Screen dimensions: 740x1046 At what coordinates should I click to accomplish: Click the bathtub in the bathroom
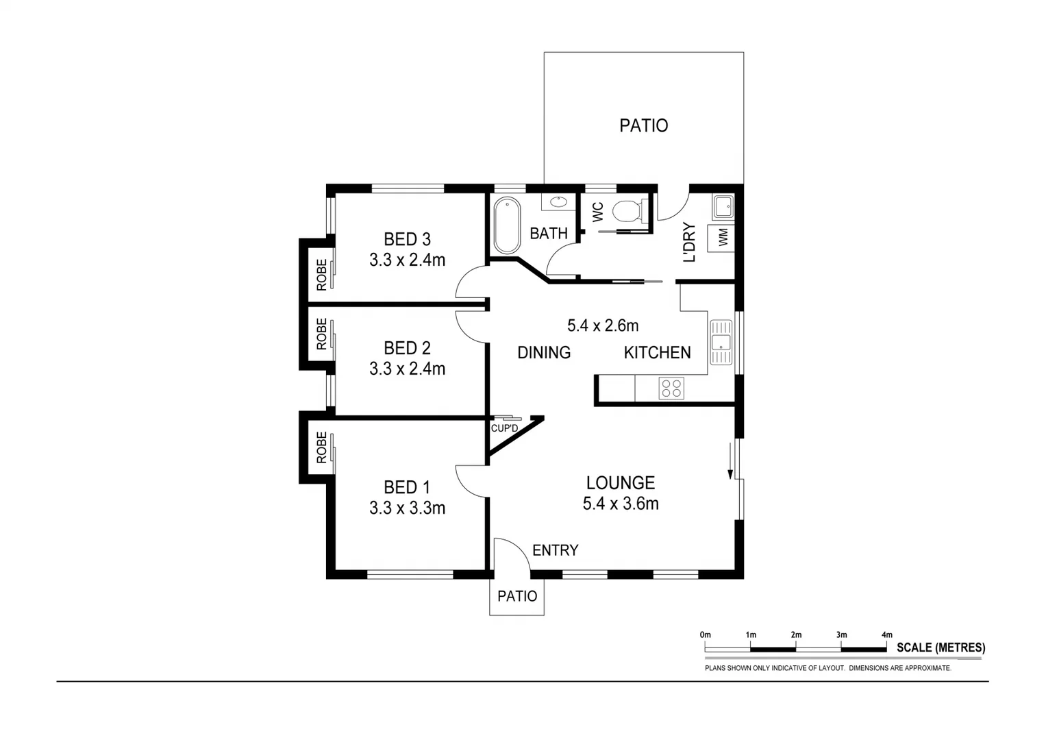507,225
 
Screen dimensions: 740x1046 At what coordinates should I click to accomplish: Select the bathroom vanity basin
558,202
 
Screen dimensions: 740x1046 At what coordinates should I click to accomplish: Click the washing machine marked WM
723,238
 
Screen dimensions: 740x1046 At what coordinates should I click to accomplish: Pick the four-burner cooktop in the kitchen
671,388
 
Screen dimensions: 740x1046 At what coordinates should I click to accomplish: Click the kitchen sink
721,342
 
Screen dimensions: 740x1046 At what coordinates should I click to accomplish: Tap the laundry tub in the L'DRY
723,206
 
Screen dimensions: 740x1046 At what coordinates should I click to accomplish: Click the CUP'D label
504,428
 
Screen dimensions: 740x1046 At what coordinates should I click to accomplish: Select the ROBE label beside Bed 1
321,447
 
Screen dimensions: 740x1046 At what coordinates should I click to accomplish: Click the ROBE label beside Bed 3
321,273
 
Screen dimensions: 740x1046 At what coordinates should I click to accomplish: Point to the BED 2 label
407,348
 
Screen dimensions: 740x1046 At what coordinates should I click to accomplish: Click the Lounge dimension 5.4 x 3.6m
621,504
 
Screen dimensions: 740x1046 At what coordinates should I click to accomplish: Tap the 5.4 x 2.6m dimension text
603,325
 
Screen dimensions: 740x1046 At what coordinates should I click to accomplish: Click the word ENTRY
555,550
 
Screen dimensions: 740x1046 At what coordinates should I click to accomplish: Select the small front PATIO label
517,596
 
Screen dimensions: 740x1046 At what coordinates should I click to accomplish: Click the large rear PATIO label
643,125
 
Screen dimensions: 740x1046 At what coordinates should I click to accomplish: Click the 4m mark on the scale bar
886,635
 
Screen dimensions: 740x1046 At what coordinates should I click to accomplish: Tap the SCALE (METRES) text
941,647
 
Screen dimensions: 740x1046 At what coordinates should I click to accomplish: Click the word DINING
544,353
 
